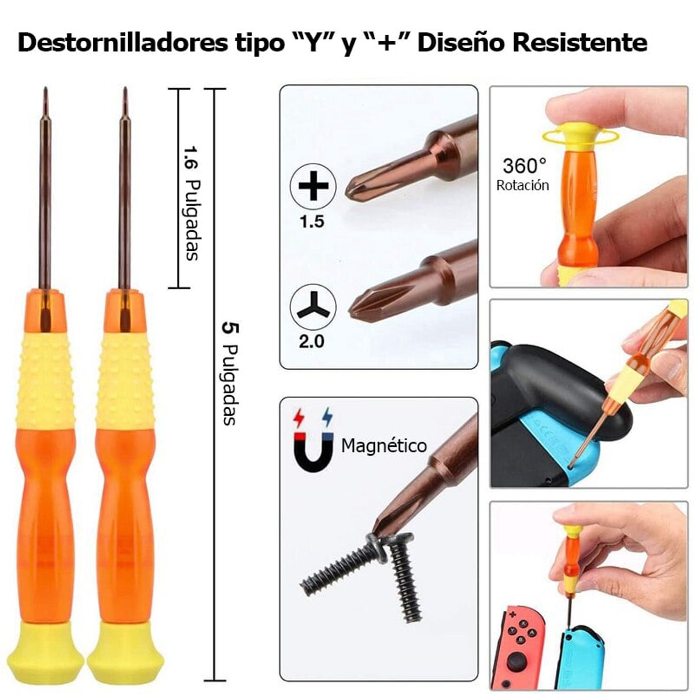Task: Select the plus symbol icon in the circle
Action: (313, 186)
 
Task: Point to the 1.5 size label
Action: (312, 222)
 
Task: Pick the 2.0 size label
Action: (312, 341)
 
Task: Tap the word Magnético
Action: (383, 446)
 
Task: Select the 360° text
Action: (524, 167)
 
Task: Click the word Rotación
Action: (522, 186)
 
